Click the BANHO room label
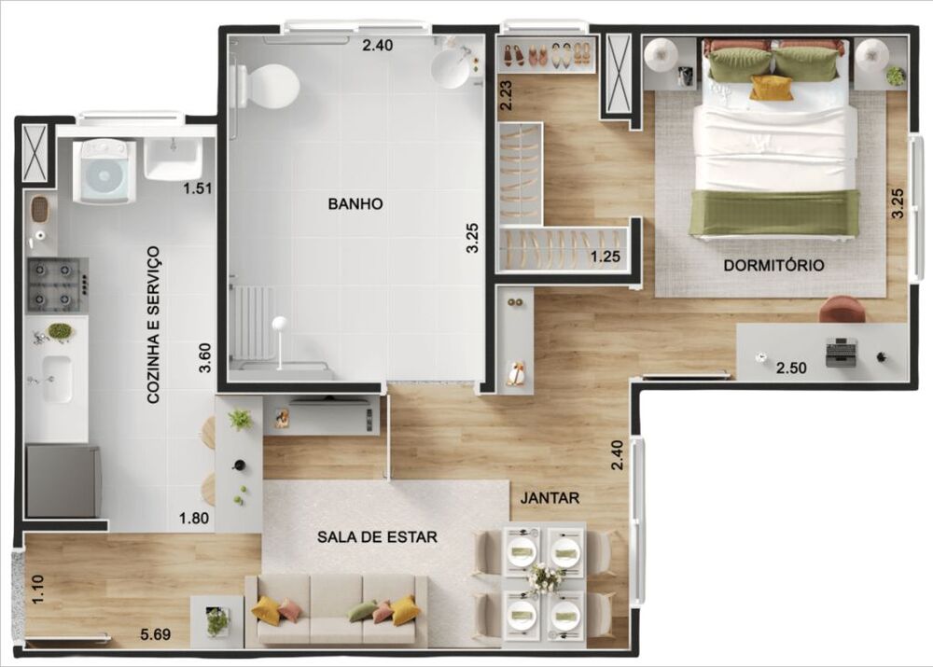(355, 203)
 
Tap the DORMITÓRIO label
(773, 266)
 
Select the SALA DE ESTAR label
(377, 537)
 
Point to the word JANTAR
(550, 498)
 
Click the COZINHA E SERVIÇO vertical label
(153, 325)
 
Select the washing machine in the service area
(104, 172)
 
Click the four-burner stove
(57, 285)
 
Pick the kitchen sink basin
(58, 378)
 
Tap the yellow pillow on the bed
(772, 88)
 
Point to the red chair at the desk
(842, 309)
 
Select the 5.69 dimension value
(155, 636)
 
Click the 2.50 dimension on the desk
(791, 368)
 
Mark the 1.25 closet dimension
(606, 256)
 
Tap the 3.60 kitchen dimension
(205, 356)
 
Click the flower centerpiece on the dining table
(544, 579)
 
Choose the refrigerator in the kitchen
(63, 481)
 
